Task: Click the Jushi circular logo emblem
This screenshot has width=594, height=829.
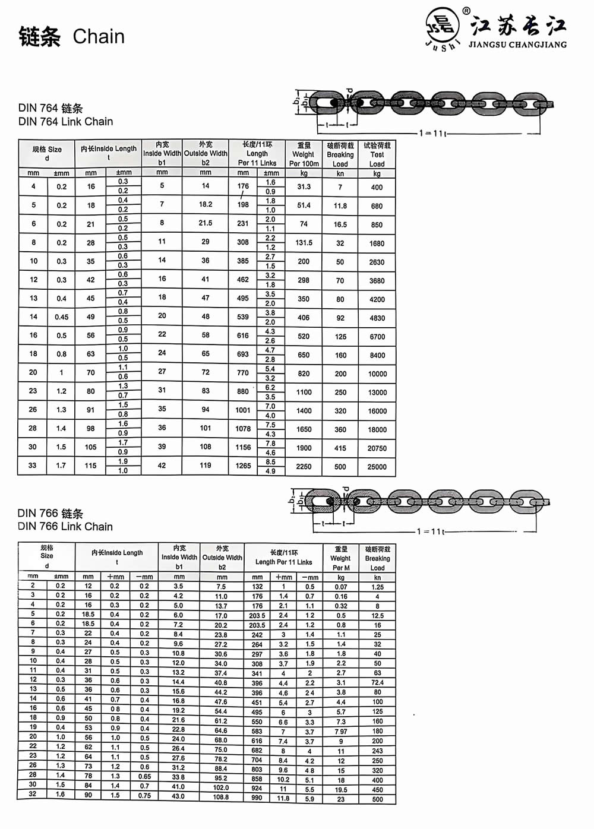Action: tap(443, 27)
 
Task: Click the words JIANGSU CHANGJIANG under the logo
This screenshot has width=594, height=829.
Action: tap(517, 45)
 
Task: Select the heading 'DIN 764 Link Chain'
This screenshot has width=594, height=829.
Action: tap(65, 122)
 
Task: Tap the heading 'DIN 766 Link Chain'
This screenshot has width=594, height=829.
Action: tap(65, 527)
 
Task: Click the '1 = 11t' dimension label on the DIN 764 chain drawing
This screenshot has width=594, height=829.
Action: tap(432, 133)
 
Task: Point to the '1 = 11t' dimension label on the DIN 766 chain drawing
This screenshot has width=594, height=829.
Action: tap(431, 531)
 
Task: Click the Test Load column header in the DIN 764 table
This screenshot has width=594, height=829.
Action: tap(377, 154)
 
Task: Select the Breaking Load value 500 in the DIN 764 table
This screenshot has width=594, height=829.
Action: tap(340, 467)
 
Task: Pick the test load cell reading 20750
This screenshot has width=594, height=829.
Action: tap(377, 448)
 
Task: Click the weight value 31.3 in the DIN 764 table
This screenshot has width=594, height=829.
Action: tap(304, 186)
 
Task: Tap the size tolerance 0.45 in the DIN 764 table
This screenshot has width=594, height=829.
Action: tap(62, 317)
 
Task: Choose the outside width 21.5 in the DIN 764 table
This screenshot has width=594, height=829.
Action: tap(206, 223)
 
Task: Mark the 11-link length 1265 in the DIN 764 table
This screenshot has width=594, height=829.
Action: tap(244, 466)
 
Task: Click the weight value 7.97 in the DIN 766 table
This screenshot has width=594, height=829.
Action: tap(341, 732)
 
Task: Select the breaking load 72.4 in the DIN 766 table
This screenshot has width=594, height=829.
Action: tap(377, 683)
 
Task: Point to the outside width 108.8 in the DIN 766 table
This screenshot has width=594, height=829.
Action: tap(221, 797)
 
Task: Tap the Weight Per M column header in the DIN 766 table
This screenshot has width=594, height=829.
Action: tap(341, 558)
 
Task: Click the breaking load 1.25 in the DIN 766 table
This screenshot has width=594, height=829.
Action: tap(377, 587)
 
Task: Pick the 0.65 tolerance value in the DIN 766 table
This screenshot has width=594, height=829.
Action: tap(144, 777)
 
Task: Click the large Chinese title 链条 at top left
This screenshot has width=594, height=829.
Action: tap(40, 37)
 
